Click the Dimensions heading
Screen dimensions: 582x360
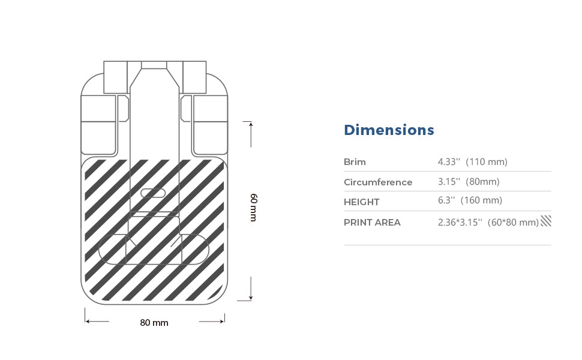[389, 130]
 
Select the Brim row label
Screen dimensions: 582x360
[355, 162]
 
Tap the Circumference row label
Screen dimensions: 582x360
[378, 182]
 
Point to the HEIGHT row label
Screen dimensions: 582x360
[362, 202]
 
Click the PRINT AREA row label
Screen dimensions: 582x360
[372, 223]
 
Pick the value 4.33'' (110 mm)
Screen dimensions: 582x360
[473, 162]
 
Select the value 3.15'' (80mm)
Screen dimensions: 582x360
[469, 181]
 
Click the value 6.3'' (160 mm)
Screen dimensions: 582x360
[470, 200]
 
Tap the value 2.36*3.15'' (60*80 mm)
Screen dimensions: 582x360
[488, 223]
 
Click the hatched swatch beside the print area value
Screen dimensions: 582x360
[546, 221]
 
